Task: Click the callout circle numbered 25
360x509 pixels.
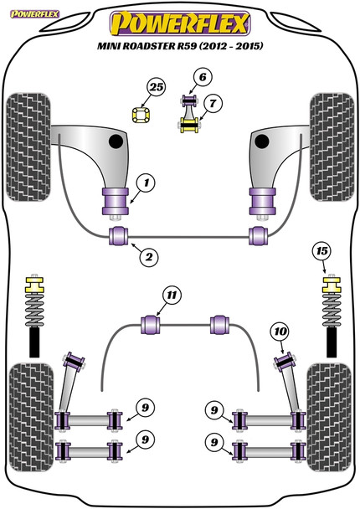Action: (157, 87)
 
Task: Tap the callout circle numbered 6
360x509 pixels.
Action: (203, 77)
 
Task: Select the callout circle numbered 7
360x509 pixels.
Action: (213, 104)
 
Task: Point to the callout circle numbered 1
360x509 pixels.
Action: (146, 183)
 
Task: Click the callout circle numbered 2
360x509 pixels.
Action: (149, 257)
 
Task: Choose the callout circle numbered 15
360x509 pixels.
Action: (322, 251)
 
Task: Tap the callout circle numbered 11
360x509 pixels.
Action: (172, 296)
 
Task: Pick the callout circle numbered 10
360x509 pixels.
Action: (280, 332)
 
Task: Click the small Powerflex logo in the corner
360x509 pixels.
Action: (34, 14)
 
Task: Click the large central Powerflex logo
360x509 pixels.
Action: (180, 23)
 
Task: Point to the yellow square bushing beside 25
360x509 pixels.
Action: (141, 115)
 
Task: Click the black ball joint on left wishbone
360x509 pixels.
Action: (116, 141)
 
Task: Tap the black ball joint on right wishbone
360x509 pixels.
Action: (262, 141)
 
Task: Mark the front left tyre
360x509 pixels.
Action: (28, 147)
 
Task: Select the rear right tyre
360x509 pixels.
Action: (330, 418)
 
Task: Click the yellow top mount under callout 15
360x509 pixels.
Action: (332, 284)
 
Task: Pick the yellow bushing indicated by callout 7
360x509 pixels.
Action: (189, 125)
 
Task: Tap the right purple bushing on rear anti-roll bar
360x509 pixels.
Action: (220, 324)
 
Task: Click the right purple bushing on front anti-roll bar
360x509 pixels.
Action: (259, 236)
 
